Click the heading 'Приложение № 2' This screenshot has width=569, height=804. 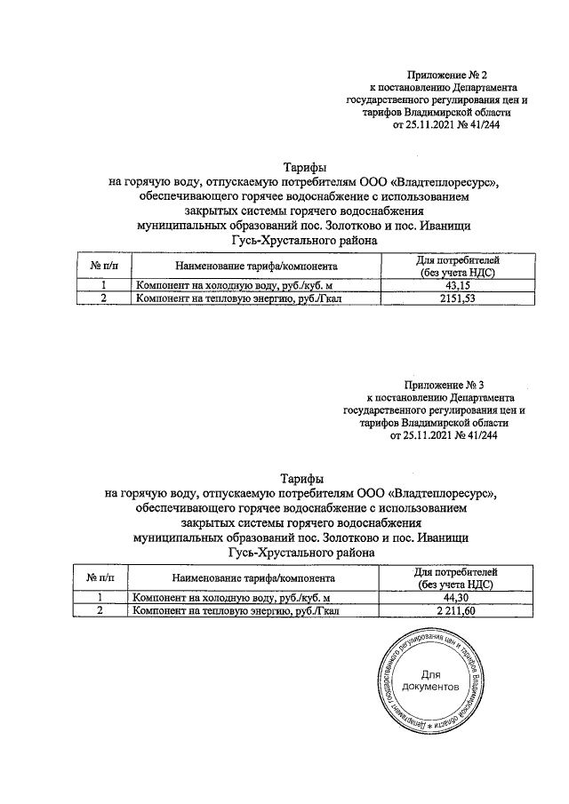[443, 76]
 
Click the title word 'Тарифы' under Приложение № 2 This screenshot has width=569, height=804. [304, 168]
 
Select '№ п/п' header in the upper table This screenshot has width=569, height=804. [104, 266]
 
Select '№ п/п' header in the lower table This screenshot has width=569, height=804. [103, 577]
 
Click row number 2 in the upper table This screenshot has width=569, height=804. [104, 299]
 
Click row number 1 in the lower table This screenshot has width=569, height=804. [103, 598]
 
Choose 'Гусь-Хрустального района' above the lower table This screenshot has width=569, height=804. [302, 553]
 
